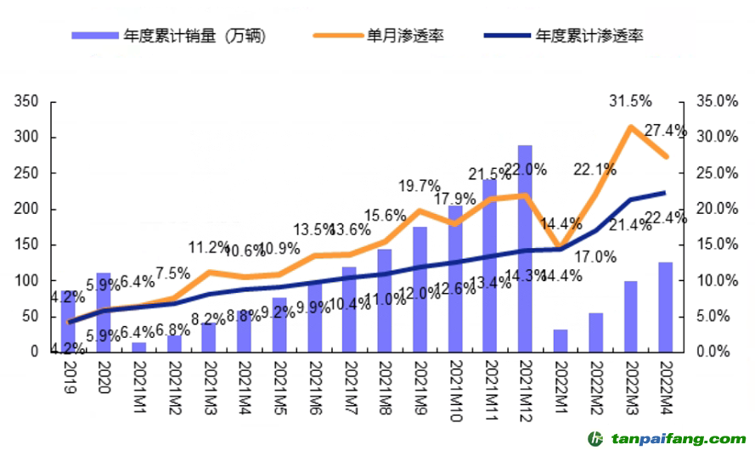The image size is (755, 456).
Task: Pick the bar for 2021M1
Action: (x=138, y=346)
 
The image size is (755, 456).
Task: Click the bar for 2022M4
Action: (x=665, y=307)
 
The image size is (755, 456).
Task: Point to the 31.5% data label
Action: (x=630, y=102)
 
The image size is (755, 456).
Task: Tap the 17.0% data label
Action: (x=594, y=256)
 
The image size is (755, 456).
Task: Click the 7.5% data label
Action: (x=173, y=273)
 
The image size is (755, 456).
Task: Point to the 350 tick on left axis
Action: (x=28, y=102)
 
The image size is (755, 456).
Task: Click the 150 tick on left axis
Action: (x=28, y=245)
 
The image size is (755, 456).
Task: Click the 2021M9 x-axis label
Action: (x=420, y=386)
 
